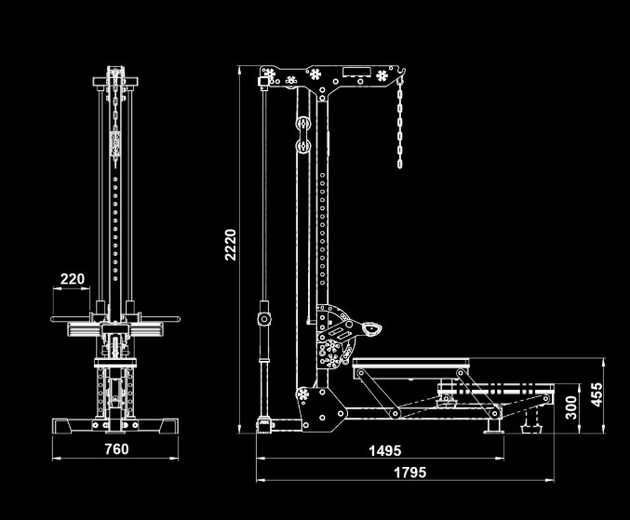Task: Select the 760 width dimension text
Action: click(x=115, y=449)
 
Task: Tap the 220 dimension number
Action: click(x=73, y=278)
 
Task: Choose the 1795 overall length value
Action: click(x=409, y=473)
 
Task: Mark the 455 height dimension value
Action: click(x=599, y=394)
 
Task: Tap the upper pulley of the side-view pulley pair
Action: click(x=302, y=124)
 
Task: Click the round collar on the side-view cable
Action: click(x=263, y=319)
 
